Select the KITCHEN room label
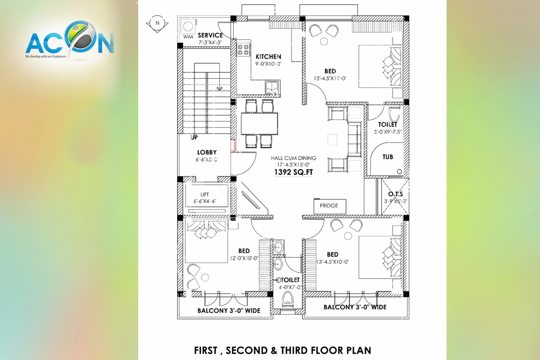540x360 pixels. (268, 57)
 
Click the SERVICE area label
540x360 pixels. (210, 36)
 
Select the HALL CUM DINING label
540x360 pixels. (293, 158)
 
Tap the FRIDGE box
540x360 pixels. (329, 206)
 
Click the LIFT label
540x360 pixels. (205, 194)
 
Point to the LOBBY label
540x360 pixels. (207, 152)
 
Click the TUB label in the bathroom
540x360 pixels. (388, 157)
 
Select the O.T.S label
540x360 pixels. (395, 194)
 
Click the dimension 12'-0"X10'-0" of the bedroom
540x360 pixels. (244, 258)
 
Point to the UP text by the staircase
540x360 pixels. (194, 138)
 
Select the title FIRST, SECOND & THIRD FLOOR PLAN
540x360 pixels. (282, 350)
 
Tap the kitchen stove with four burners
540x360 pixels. (242, 50)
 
